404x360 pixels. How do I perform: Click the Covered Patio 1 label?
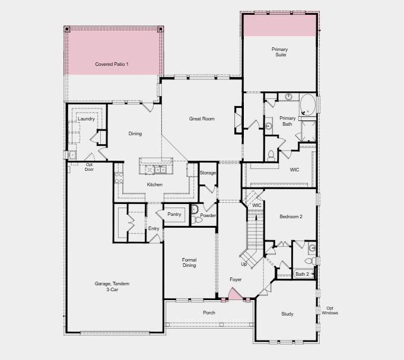point(112,63)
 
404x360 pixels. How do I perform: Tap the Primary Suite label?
point(279,52)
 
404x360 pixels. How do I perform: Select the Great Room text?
point(202,119)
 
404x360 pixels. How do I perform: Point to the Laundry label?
point(87,119)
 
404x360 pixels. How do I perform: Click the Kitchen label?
point(155,184)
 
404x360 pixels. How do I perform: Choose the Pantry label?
point(174,214)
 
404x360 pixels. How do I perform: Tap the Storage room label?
point(208,173)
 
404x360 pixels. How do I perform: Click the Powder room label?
point(208,215)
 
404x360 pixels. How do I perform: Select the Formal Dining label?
point(189,262)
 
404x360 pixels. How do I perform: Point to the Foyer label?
point(236,279)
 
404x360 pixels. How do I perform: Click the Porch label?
point(209,313)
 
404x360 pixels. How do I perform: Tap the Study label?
point(287,314)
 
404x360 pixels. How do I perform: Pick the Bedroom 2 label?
point(291,216)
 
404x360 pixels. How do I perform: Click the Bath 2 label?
point(302,274)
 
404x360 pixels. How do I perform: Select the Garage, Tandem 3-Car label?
point(112,286)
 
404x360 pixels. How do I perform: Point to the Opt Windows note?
point(330,310)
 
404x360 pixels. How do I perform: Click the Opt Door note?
point(89,167)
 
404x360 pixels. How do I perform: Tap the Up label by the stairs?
point(244,264)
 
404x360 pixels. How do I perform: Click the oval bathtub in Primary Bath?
point(308,103)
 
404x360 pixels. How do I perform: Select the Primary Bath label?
point(287,121)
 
